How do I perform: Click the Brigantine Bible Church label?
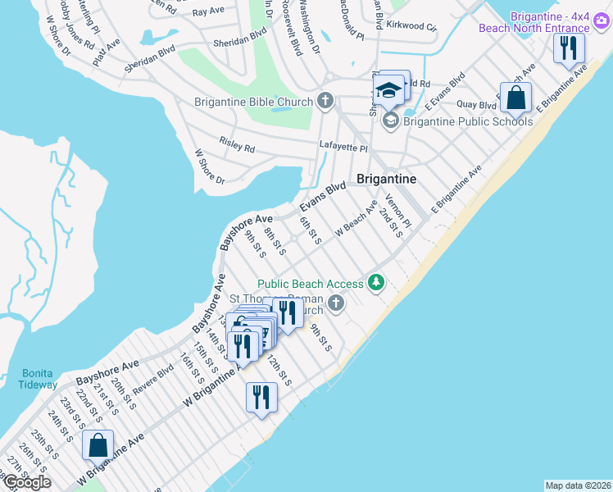(253, 102)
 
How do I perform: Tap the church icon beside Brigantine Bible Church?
(325, 102)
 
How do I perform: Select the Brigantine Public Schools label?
(468, 121)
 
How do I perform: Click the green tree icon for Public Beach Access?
(376, 284)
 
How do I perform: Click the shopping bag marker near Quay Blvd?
(515, 98)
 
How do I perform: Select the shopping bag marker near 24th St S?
(98, 445)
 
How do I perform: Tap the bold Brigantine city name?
(387, 179)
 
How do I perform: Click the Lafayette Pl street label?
(343, 148)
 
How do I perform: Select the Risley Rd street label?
(237, 146)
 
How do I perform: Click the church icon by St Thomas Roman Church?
(335, 304)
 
